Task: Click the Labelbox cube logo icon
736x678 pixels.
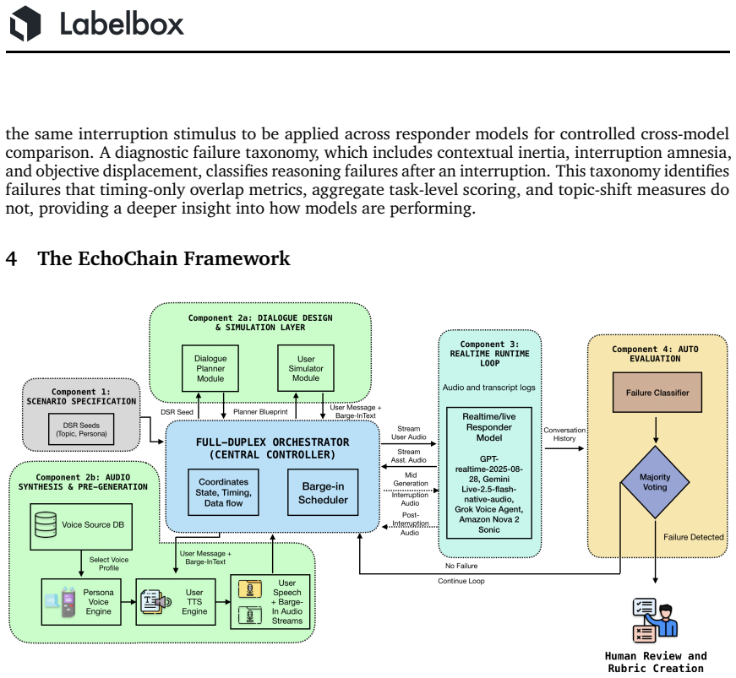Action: [x=25, y=24]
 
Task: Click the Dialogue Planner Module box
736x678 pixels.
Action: [x=210, y=368]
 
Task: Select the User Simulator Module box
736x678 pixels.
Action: [x=306, y=368]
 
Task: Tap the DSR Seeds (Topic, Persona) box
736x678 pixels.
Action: [x=81, y=429]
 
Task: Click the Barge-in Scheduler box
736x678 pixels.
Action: [x=323, y=492]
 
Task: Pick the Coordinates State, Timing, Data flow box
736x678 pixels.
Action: [x=223, y=492]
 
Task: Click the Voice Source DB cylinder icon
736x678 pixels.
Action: [x=46, y=524]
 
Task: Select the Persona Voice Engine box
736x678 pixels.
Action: [x=81, y=601]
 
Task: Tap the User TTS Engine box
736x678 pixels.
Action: [x=176, y=601]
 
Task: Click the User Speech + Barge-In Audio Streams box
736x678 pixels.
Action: [x=270, y=601]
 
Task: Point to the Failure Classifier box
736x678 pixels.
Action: [x=657, y=393]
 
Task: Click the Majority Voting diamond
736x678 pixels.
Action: [x=655, y=482]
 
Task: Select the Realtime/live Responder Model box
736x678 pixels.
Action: [x=489, y=473]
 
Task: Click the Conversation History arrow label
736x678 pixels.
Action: [x=564, y=434]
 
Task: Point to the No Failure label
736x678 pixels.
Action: [x=461, y=566]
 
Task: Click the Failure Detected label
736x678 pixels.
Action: [x=693, y=537]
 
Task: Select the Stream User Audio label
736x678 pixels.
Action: [x=409, y=433]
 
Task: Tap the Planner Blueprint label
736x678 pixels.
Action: [x=260, y=412]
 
